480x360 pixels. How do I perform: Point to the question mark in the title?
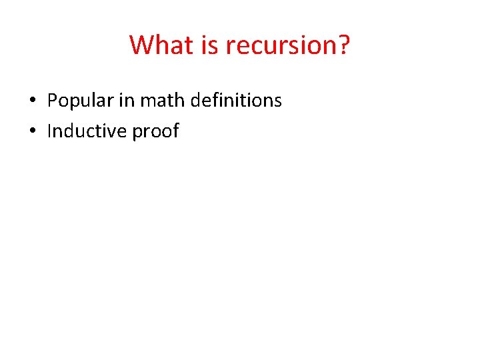343,45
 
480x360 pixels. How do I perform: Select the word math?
162,101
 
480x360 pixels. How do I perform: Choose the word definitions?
236,101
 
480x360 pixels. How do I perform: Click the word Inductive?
87,131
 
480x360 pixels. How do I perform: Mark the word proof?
156,132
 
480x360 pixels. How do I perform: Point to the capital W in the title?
141,45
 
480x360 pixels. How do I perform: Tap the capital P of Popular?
52,101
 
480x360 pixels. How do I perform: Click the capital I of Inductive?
49,131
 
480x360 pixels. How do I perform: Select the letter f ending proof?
176,131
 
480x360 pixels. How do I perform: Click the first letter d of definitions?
196,101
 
